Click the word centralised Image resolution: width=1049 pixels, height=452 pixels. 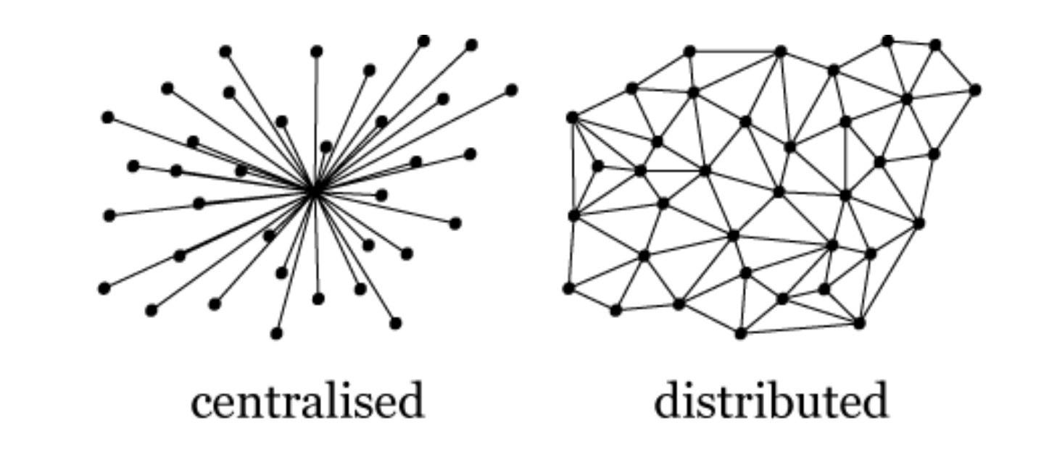307,401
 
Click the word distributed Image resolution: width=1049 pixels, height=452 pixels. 771,401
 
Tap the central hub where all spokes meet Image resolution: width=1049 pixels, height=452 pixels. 314,191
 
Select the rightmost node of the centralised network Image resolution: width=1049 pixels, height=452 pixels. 511,90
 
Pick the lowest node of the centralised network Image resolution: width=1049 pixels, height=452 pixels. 276,333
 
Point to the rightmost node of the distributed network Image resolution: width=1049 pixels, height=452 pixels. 975,90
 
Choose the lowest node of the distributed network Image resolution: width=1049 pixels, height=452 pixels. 740,333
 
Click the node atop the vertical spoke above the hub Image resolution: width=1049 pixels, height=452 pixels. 317,51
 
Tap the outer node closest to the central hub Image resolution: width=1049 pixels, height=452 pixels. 326,147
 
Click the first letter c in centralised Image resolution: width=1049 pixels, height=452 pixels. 200,404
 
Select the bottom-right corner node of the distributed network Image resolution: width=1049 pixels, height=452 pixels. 859,323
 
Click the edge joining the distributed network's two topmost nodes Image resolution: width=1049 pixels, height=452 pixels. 911,43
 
